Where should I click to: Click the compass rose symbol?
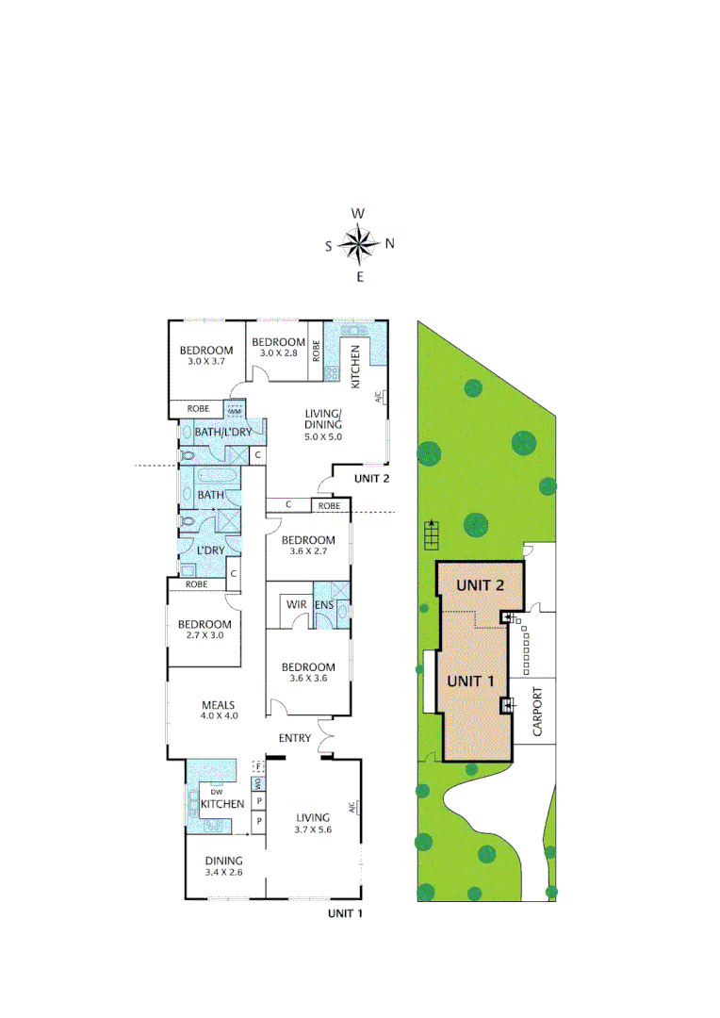pyautogui.click(x=358, y=245)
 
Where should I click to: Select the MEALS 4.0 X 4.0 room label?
pyautogui.click(x=218, y=710)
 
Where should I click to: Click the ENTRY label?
pyautogui.click(x=295, y=738)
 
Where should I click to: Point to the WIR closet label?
pyautogui.click(x=295, y=604)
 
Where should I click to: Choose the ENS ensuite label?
pyautogui.click(x=323, y=604)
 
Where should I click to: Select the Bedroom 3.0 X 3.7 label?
pyautogui.click(x=206, y=355)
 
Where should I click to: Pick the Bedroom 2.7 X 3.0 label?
pyautogui.click(x=205, y=630)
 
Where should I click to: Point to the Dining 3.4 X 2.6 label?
pyautogui.click(x=224, y=866)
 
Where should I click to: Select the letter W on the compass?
pyautogui.click(x=358, y=214)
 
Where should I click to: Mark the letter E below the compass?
pyautogui.click(x=359, y=277)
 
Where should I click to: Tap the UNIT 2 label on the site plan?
pyautogui.click(x=481, y=584)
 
